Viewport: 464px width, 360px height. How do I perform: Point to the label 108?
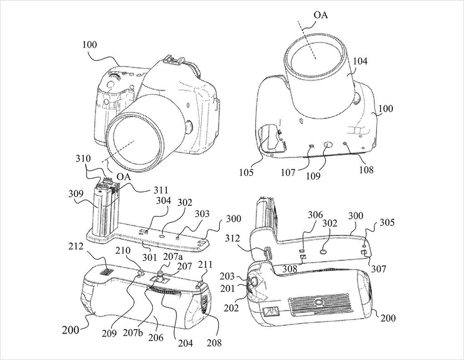pos(367,170)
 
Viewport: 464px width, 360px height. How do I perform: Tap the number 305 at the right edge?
pos(387,223)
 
